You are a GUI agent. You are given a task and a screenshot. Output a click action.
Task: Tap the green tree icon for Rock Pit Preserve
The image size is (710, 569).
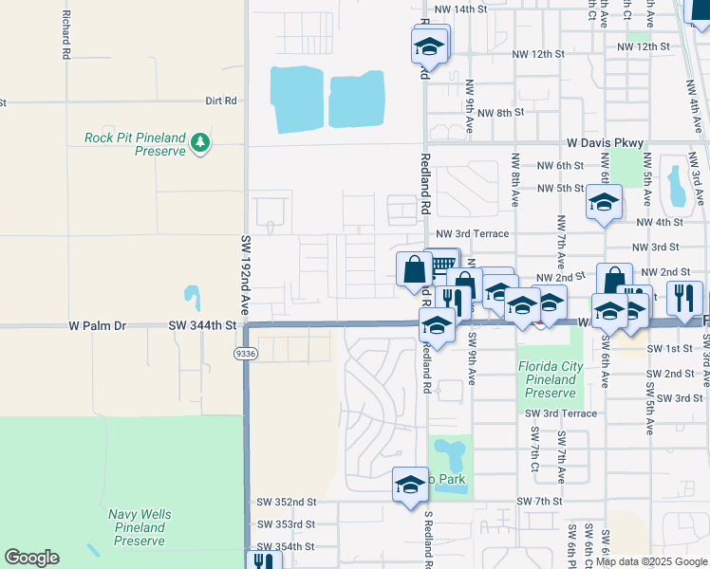199,142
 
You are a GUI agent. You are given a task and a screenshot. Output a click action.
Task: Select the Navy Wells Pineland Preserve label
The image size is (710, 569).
140,527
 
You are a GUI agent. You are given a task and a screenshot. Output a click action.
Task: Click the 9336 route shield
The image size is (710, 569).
246,353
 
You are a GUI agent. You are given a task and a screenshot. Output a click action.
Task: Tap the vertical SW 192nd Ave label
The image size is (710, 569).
245,275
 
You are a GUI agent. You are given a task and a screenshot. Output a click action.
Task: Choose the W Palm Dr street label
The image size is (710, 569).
97,325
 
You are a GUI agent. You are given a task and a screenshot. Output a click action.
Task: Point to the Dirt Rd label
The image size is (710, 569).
220,101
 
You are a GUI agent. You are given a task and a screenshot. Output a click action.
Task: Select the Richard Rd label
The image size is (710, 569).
65,35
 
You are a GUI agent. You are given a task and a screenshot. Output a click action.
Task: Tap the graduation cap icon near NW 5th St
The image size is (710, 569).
604,202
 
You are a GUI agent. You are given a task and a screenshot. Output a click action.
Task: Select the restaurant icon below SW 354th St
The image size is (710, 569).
262,561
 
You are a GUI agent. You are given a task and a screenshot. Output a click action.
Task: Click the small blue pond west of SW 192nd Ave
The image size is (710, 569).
193,298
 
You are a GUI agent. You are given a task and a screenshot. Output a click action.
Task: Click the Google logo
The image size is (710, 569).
31,558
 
